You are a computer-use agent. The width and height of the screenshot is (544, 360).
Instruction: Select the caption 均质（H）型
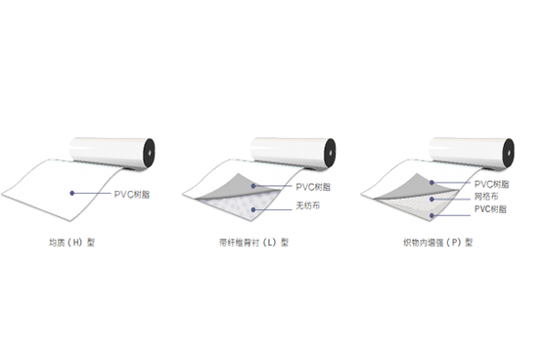71,242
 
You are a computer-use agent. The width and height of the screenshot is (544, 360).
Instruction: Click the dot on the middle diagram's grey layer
254,186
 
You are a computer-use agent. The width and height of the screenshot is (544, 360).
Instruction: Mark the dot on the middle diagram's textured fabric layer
253,207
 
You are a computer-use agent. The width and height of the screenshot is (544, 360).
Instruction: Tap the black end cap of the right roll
509,151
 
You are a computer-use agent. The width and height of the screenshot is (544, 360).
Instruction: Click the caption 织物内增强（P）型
437,242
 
